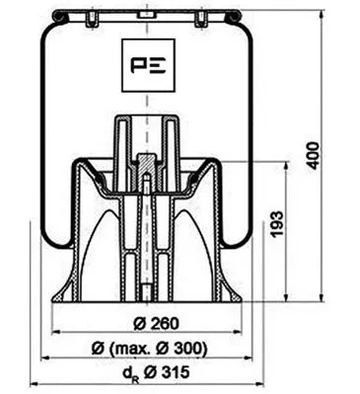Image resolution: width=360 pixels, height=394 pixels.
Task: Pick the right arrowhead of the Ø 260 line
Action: pos(245,333)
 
